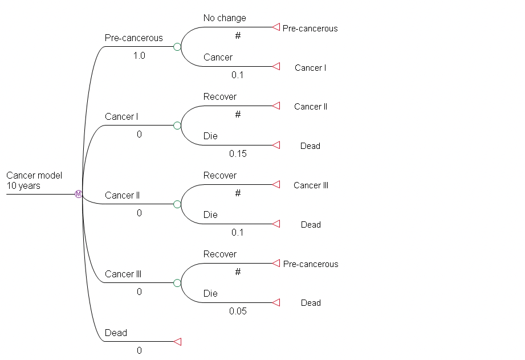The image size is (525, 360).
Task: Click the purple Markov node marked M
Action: (79, 194)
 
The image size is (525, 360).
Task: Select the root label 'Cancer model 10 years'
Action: (34, 180)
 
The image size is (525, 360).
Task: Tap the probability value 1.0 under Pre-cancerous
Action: (139, 56)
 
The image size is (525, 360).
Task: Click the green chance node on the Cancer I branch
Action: (177, 126)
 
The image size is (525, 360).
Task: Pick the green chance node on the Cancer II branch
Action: (177, 204)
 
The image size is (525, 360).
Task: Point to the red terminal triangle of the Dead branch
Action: (177, 342)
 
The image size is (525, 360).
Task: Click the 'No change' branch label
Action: (225, 18)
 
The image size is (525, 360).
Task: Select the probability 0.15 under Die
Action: (238, 153)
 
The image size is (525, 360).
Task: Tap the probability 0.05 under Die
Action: (238, 311)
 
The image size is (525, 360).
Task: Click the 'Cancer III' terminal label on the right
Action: (311, 185)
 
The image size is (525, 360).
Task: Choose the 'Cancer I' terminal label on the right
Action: (310, 68)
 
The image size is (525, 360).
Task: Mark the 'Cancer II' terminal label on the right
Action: (310, 107)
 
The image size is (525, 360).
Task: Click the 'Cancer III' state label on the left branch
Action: (123, 274)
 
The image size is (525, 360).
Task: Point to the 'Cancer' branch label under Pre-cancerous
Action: (218, 57)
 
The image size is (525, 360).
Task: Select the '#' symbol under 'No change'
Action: (238, 35)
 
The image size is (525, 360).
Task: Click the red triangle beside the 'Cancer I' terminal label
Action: (276, 67)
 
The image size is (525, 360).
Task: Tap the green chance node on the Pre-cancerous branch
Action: (177, 47)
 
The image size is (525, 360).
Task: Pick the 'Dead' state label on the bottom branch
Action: (116, 333)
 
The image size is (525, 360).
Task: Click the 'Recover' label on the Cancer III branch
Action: (219, 254)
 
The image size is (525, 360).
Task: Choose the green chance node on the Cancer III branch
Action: (177, 283)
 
